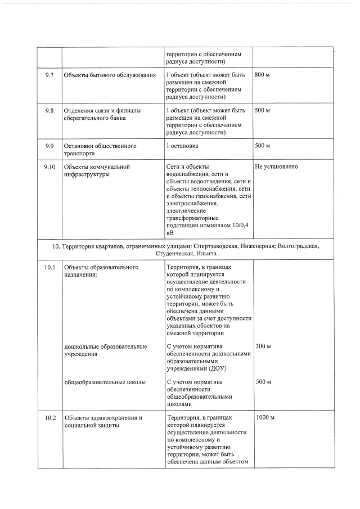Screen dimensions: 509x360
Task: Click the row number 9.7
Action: pos(49,75)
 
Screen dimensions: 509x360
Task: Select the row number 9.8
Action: pos(49,111)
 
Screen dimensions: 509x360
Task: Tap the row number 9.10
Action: pos(49,167)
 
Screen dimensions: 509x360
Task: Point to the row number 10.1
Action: pos(49,268)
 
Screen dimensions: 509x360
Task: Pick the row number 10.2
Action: pos(49,418)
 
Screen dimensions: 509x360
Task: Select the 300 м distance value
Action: pos(263,346)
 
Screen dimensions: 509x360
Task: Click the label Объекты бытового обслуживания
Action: pos(110,75)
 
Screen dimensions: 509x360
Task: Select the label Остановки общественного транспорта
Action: pos(100,150)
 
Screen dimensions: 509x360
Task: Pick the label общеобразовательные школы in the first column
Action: pos(105,382)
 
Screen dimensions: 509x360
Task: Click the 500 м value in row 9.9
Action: pos(263,146)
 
